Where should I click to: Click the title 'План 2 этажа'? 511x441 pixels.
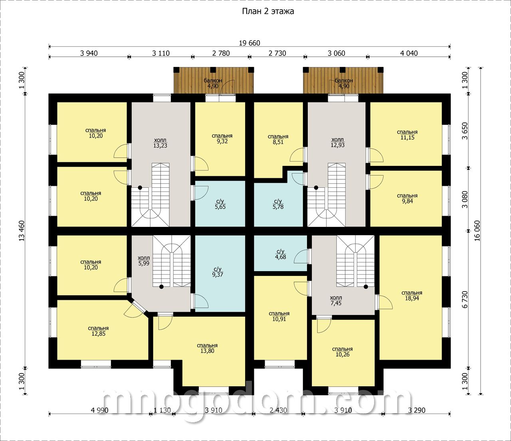[x=268, y=12]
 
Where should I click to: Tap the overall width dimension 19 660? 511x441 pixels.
[x=250, y=43]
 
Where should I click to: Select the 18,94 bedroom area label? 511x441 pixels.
[x=412, y=295]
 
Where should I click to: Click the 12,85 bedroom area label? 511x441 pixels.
[x=98, y=331]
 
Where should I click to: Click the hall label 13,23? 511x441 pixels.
[x=160, y=143]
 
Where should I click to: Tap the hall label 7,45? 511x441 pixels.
[x=336, y=301]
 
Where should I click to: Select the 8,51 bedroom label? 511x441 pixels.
[x=278, y=139]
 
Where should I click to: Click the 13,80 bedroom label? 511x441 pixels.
[x=207, y=348]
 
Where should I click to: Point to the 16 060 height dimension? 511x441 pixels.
[x=477, y=230]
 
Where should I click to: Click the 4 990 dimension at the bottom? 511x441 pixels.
[x=100, y=410]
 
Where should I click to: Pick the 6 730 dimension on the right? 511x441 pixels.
[x=465, y=299]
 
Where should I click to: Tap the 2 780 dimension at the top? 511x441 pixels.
[x=221, y=53]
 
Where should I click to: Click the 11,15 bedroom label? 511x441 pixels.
[x=407, y=135]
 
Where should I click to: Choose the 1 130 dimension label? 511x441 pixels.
[x=162, y=410]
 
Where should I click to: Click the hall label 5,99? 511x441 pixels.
[x=144, y=260]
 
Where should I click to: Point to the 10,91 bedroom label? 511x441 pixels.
[x=279, y=316]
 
